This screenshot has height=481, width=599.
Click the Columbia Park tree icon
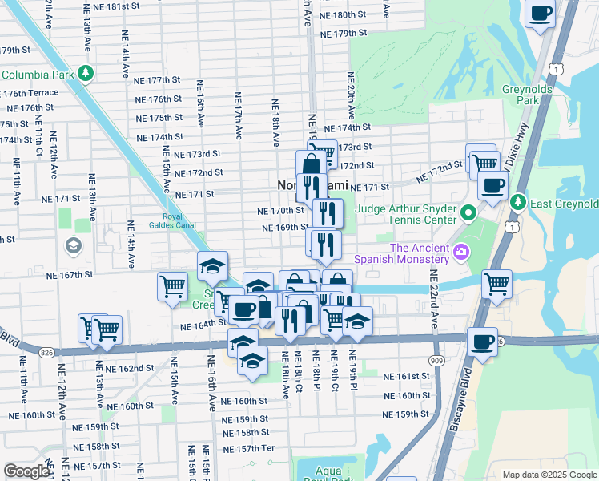point(86,75)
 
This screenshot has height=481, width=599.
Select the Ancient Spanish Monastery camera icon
point(460,253)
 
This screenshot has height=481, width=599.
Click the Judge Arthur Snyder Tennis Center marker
point(469,213)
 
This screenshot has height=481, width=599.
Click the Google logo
point(26,471)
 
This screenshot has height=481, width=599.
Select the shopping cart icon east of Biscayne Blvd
point(496,283)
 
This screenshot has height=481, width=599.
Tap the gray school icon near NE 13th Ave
point(73,245)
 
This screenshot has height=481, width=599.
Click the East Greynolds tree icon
point(517,201)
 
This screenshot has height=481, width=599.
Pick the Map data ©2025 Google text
point(549,475)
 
